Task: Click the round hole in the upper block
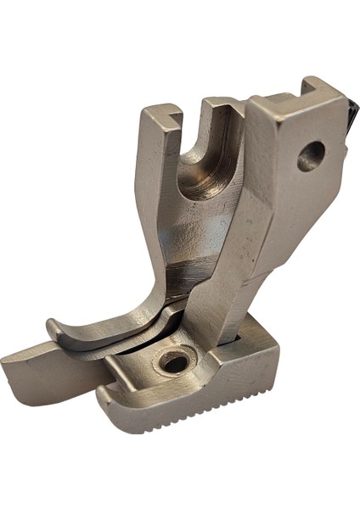[x=311, y=155]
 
